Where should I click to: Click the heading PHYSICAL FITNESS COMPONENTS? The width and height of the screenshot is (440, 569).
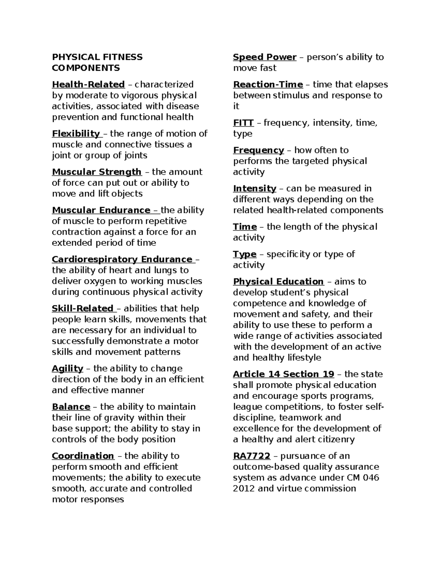(x=97, y=62)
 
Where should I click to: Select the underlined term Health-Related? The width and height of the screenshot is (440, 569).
(x=88, y=84)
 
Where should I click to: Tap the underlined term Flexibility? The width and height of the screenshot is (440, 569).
(x=76, y=133)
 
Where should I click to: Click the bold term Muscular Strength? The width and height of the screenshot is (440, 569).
(x=96, y=172)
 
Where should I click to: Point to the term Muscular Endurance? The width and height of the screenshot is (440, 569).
(x=101, y=210)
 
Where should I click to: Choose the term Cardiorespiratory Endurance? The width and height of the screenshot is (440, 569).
(x=122, y=259)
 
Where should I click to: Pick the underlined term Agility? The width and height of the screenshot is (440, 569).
(x=67, y=369)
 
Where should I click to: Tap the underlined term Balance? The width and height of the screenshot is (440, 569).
(x=71, y=407)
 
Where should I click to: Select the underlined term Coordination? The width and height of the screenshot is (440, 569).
(x=83, y=456)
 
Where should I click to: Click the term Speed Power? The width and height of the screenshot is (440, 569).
(x=265, y=57)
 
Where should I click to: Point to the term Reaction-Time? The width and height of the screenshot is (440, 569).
(x=268, y=85)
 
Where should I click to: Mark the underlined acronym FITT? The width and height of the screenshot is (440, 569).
(x=243, y=123)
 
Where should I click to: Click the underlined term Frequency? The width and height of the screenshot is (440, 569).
(x=258, y=150)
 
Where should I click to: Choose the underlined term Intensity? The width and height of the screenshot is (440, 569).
(x=254, y=189)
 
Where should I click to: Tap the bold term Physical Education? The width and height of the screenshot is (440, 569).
(x=278, y=281)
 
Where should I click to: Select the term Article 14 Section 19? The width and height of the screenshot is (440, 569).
(x=283, y=374)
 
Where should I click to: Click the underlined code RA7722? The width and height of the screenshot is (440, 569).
(x=252, y=456)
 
